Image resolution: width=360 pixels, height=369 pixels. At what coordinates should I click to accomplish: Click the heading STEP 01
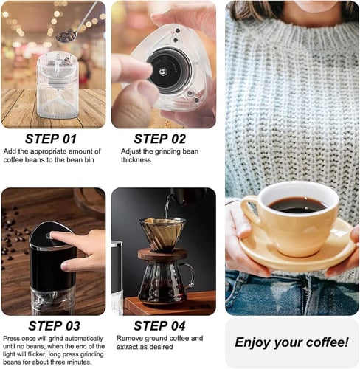pyautogui.click(x=51, y=139)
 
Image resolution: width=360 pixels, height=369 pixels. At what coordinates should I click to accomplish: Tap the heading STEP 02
pyautogui.click(x=160, y=139)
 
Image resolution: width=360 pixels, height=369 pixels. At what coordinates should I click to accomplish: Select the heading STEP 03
pyautogui.click(x=54, y=326)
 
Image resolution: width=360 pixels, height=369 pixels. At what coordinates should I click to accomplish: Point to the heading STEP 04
pyautogui.click(x=159, y=326)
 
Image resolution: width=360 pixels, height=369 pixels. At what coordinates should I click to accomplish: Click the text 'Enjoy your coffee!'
pyautogui.click(x=291, y=342)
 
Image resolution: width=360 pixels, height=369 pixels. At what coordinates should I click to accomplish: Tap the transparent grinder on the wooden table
pyautogui.click(x=58, y=85)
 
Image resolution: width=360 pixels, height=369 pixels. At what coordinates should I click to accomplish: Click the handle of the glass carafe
pyautogui.click(x=189, y=275)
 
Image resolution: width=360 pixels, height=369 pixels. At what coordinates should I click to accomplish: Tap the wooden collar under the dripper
pyautogui.click(x=162, y=254)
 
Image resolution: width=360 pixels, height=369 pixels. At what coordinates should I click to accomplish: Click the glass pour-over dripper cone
pyautogui.click(x=162, y=234)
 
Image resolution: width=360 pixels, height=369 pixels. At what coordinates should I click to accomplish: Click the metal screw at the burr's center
pyautogui.click(x=162, y=72)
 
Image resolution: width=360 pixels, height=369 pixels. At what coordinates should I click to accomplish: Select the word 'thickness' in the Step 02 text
pyautogui.click(x=136, y=160)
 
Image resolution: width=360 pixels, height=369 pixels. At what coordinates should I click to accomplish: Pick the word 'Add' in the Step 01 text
pyautogui.click(x=10, y=151)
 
